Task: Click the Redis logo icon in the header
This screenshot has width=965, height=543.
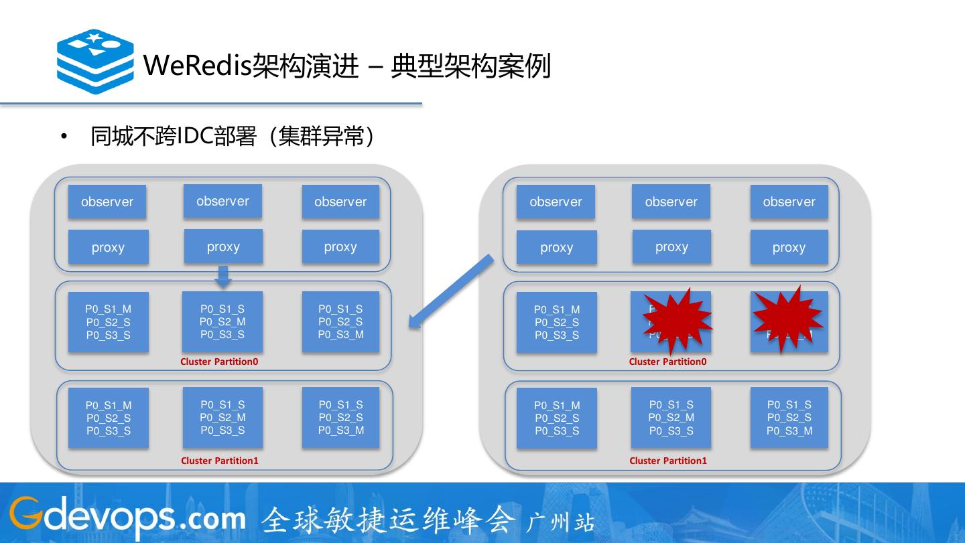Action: [x=95, y=62]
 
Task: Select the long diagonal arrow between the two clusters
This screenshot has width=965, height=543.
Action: [x=452, y=292]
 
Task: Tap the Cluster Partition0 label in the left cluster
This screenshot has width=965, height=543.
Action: [x=219, y=362]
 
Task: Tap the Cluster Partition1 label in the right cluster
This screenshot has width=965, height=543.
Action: [x=668, y=461]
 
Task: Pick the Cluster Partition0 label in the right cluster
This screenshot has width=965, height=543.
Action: [x=667, y=362]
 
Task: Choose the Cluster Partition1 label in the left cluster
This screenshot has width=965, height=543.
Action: [x=219, y=461]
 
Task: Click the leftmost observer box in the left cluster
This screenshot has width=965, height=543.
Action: [x=107, y=202]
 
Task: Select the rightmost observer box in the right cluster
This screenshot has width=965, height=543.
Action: [x=789, y=202]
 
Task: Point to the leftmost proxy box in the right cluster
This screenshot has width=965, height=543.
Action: [x=556, y=247]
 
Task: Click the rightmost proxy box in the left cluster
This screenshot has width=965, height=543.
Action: [x=340, y=247]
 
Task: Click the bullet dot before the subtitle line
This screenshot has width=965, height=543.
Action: [x=64, y=137]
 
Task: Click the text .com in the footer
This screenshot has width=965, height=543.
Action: [x=213, y=518]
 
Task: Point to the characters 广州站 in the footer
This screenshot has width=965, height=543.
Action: [x=560, y=522]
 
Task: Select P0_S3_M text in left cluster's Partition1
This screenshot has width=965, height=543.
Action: [x=341, y=430]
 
